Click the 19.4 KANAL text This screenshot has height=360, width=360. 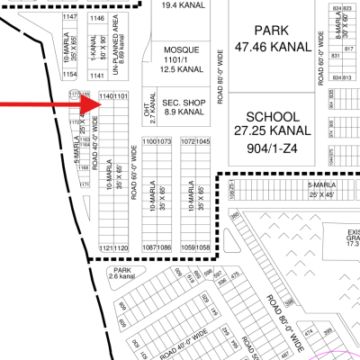point(180,5)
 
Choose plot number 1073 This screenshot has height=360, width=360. point(164,141)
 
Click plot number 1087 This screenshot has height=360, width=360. point(149,247)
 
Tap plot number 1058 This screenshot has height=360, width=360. point(203,247)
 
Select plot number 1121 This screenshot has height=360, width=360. point(105,247)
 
